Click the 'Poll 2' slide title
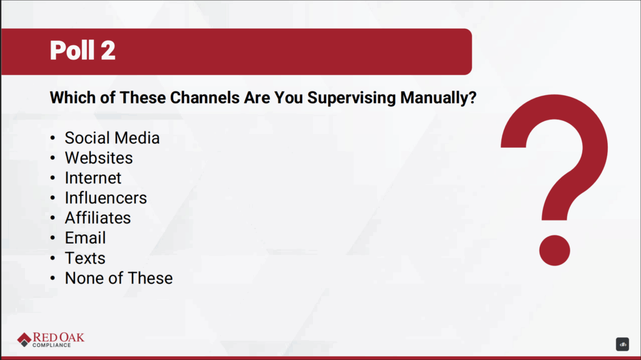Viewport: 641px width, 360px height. (83, 50)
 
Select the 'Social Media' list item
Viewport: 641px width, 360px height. (112, 138)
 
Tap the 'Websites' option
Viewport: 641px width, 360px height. (98, 158)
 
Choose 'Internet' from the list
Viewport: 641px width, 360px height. (93, 178)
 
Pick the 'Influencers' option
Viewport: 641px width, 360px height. (105, 198)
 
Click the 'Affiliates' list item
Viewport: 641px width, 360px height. (98, 218)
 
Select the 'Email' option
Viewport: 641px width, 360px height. (85, 238)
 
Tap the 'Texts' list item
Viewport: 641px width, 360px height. (85, 258)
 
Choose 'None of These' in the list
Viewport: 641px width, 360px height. (118, 278)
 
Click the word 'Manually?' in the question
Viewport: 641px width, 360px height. (438, 98)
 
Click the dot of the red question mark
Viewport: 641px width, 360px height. (555, 250)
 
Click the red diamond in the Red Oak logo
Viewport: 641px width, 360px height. (24, 339)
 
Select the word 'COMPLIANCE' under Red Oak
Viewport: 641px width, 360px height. (51, 345)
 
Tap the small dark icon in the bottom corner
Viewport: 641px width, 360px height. (622, 344)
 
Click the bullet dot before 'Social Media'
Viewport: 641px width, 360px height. (53, 138)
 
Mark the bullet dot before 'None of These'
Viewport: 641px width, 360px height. (53, 279)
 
